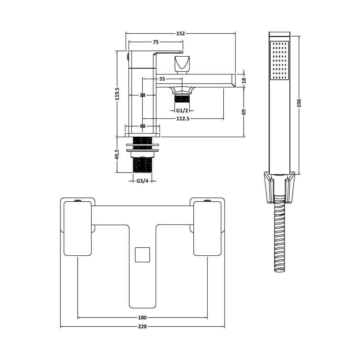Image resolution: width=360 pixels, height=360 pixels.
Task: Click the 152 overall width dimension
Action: [x=180, y=34]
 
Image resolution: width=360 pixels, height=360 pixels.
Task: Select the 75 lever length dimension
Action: [x=156, y=42]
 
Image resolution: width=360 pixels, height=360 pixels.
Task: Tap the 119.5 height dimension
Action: [x=117, y=94]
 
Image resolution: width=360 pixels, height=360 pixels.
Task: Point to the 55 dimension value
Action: [x=162, y=79]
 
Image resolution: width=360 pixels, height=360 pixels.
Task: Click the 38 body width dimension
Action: [x=142, y=95]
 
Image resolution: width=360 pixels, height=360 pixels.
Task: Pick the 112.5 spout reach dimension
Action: [x=183, y=119]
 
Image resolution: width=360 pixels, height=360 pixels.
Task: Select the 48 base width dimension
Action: [x=142, y=126]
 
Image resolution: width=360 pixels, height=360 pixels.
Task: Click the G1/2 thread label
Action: [x=182, y=111]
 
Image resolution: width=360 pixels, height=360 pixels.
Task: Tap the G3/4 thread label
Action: [x=142, y=181]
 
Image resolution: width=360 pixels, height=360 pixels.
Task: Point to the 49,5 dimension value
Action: [x=117, y=155]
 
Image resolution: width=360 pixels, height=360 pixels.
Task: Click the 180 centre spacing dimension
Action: [x=142, y=318]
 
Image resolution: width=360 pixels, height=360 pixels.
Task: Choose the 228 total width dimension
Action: [x=142, y=327]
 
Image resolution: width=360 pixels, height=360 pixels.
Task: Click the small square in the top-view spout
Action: [x=142, y=254]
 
